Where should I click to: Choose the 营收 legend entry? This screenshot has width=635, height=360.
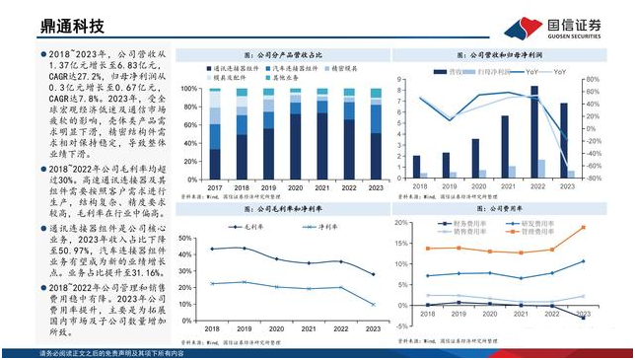tap(456, 71)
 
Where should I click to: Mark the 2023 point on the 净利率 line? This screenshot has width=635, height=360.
tap(373, 304)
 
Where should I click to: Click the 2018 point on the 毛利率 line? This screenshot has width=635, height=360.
tap(213, 249)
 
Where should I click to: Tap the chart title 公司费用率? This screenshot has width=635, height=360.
tap(502, 211)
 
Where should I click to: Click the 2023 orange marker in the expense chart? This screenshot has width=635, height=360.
tap(582, 228)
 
